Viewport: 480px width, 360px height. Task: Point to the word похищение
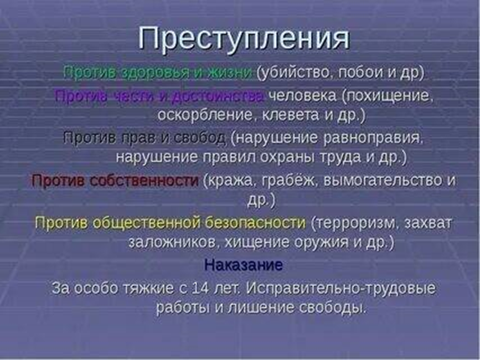387,95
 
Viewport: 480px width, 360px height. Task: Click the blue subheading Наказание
243,265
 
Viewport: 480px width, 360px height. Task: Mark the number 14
199,289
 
